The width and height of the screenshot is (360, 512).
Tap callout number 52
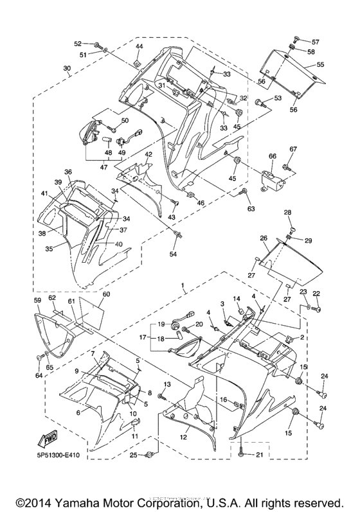pyautogui.click(x=78, y=44)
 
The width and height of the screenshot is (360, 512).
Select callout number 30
pyautogui.click(x=67, y=69)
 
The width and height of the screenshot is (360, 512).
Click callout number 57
pyautogui.click(x=315, y=41)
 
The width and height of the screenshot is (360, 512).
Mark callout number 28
pyautogui.click(x=287, y=213)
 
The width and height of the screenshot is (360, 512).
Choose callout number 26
pyautogui.click(x=264, y=238)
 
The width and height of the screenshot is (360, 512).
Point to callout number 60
pyautogui.click(x=106, y=294)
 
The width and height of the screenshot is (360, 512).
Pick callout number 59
pyautogui.click(x=37, y=300)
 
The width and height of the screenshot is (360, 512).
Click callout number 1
pyautogui.click(x=184, y=285)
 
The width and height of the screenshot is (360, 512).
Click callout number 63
pyautogui.click(x=251, y=209)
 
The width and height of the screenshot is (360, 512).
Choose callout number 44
pyautogui.click(x=139, y=47)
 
